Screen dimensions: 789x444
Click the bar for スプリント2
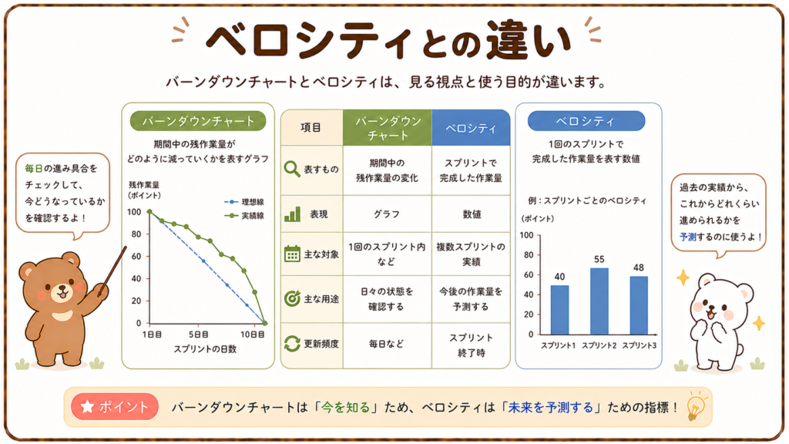pyautogui.click(x=599, y=301)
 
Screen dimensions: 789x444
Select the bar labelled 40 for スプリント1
pyautogui.click(x=559, y=310)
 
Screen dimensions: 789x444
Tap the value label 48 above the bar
pyautogui.click(x=639, y=267)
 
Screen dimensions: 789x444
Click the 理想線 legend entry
pyautogui.click(x=244, y=202)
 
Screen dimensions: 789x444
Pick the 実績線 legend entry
pyautogui.click(x=244, y=216)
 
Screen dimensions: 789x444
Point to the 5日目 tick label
pyautogui.click(x=198, y=335)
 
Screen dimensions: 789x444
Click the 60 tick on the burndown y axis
pyautogui.click(x=136, y=256)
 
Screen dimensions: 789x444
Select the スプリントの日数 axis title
pyautogui.click(x=205, y=349)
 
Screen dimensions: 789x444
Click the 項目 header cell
pyautogui.click(x=311, y=127)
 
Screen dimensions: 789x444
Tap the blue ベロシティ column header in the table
pyautogui.click(x=471, y=128)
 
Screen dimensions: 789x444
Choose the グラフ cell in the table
pyautogui.click(x=387, y=214)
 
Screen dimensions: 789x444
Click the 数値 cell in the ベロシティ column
pyautogui.click(x=472, y=214)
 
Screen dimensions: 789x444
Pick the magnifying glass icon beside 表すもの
pyautogui.click(x=292, y=169)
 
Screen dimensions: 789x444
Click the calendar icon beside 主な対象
pyautogui.click(x=292, y=254)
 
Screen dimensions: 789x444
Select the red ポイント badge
pyautogui.click(x=115, y=407)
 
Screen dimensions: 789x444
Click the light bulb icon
pyautogui.click(x=697, y=405)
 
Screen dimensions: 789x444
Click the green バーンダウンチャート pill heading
pyautogui.click(x=198, y=121)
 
